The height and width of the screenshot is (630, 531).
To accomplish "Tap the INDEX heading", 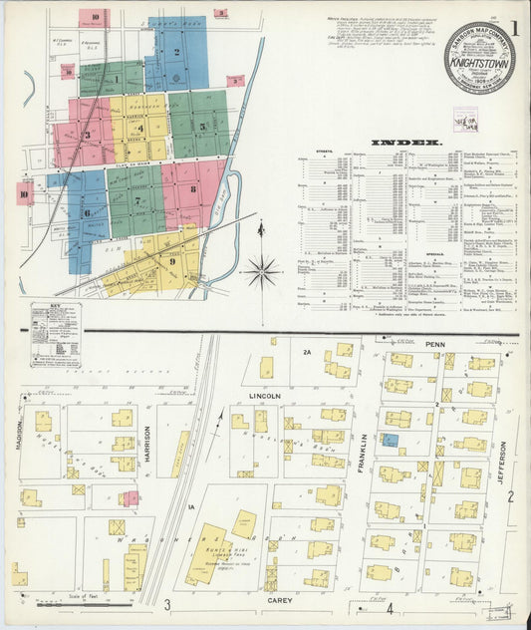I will coord(406,143).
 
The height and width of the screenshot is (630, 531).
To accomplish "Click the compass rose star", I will coord(262,268).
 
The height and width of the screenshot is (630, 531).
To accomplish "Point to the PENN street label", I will coord(431,344).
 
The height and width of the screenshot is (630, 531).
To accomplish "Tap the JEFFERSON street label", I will coord(502,464).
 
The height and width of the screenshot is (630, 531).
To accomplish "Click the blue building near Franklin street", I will coord(391,440).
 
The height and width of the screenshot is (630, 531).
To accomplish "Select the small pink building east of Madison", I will coord(130,497).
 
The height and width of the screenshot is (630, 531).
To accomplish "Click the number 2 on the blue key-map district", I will coord(176,53).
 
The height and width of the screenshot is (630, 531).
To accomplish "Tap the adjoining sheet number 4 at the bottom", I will coord(392,607).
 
